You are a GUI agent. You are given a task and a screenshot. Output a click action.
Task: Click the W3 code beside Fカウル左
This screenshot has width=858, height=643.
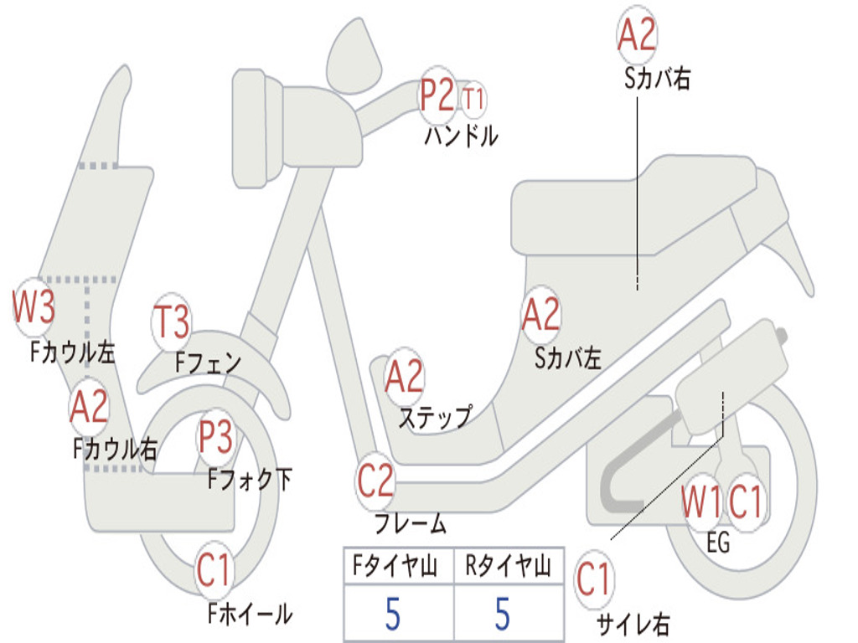[x=34, y=307]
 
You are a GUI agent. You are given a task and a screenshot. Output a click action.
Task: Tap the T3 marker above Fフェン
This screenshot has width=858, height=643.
[x=172, y=322]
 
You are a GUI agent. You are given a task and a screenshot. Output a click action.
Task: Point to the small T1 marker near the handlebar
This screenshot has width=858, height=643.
[x=473, y=99]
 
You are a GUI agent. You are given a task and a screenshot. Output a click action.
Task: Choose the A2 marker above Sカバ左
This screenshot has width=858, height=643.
[x=540, y=315]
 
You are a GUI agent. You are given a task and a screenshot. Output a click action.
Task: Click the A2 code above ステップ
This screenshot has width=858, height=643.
[x=405, y=377]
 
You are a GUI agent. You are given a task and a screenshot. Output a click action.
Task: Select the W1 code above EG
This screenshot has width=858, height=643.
[x=701, y=503]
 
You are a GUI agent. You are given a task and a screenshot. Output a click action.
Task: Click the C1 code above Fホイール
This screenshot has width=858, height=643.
[x=214, y=572]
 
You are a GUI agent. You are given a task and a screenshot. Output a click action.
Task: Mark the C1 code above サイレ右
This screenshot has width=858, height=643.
[x=594, y=580]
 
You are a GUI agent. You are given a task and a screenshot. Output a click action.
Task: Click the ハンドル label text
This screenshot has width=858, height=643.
[x=461, y=136]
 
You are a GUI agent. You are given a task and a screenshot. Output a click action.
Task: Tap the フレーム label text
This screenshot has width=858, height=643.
[x=410, y=525]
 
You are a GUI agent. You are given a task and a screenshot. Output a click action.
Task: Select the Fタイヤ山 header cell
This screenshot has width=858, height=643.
[x=397, y=568]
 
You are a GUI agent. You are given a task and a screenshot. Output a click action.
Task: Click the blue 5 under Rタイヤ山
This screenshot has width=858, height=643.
[x=503, y=614]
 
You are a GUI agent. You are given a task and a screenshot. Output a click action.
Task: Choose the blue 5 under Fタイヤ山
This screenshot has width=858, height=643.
[x=393, y=614]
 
